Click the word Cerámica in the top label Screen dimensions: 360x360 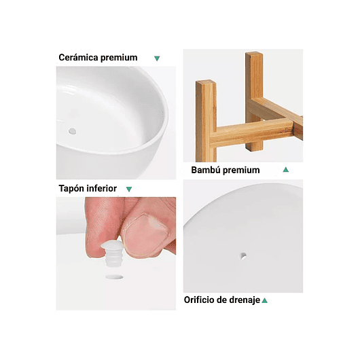[x=78, y=58]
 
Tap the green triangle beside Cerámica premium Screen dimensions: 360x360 [x=157, y=58]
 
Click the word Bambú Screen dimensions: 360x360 [x=206, y=170]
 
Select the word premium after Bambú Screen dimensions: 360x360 [x=241, y=170]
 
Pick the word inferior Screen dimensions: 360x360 [x=103, y=188]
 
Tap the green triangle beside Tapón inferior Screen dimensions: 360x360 [x=129, y=189]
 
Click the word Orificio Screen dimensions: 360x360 [x=203, y=300]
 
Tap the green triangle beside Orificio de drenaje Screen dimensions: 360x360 [x=265, y=300]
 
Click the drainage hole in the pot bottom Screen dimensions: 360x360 [x=244, y=257]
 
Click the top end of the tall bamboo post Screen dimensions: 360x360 [x=254, y=56]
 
